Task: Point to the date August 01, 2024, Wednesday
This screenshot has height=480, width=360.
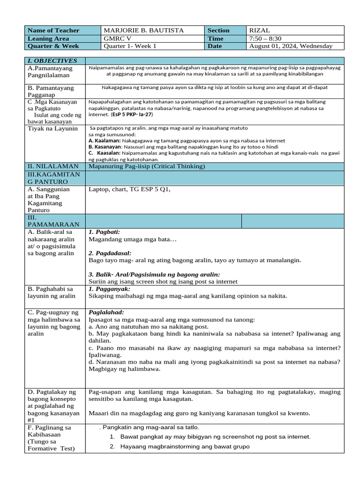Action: click(x=291, y=46)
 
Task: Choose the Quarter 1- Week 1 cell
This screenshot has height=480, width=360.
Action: click(x=130, y=46)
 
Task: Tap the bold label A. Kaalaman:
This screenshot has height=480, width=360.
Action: click(x=105, y=141)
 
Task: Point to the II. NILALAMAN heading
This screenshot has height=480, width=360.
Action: click(x=53, y=166)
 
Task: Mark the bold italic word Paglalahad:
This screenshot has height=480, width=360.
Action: click(x=106, y=312)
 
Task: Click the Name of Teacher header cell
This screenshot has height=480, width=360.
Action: click(x=53, y=30)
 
